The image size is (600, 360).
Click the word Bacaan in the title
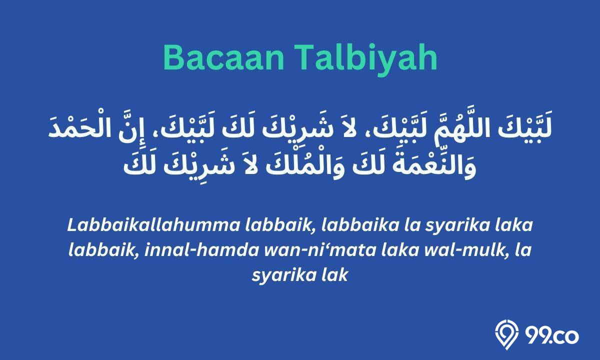[223, 58]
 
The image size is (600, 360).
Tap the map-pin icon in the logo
[506, 335]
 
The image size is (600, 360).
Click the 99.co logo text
[552, 336]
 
